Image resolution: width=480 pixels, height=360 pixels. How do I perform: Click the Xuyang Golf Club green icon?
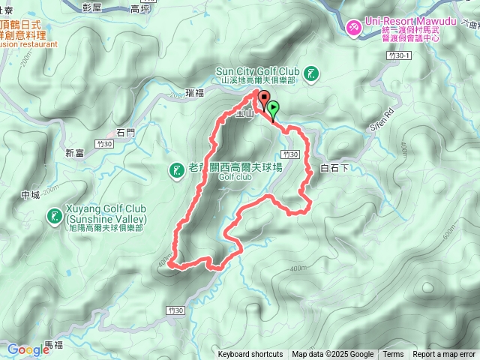click(x=55, y=217)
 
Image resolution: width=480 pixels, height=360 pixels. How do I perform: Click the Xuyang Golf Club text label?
click(x=105, y=214)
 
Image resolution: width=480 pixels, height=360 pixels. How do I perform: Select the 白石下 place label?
click(x=335, y=168)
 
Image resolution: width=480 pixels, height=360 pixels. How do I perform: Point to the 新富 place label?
click(x=75, y=153)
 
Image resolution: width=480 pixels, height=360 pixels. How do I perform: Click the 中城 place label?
click(x=31, y=195)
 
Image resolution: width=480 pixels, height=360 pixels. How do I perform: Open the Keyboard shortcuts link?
click(x=250, y=355)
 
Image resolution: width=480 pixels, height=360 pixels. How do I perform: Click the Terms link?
click(x=393, y=355)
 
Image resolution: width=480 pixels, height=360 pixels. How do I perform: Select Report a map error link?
click(x=445, y=355)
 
